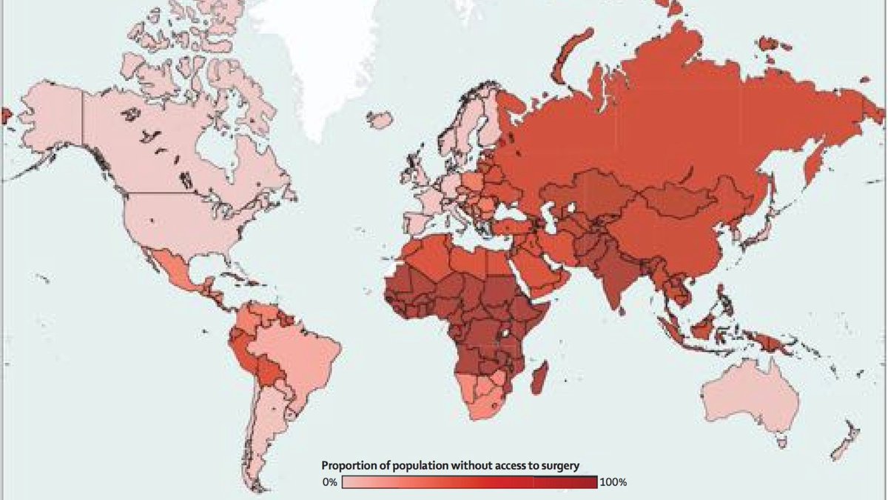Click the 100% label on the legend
tap(613, 483)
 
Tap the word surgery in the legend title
tap(557, 466)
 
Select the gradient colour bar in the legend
tap(469, 483)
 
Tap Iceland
tap(380, 119)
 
